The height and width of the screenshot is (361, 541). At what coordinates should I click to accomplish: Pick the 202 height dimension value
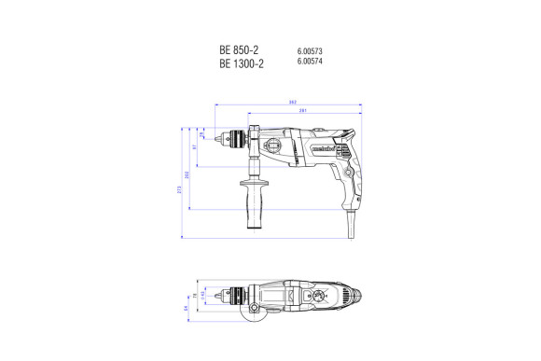click(x=187, y=175)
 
